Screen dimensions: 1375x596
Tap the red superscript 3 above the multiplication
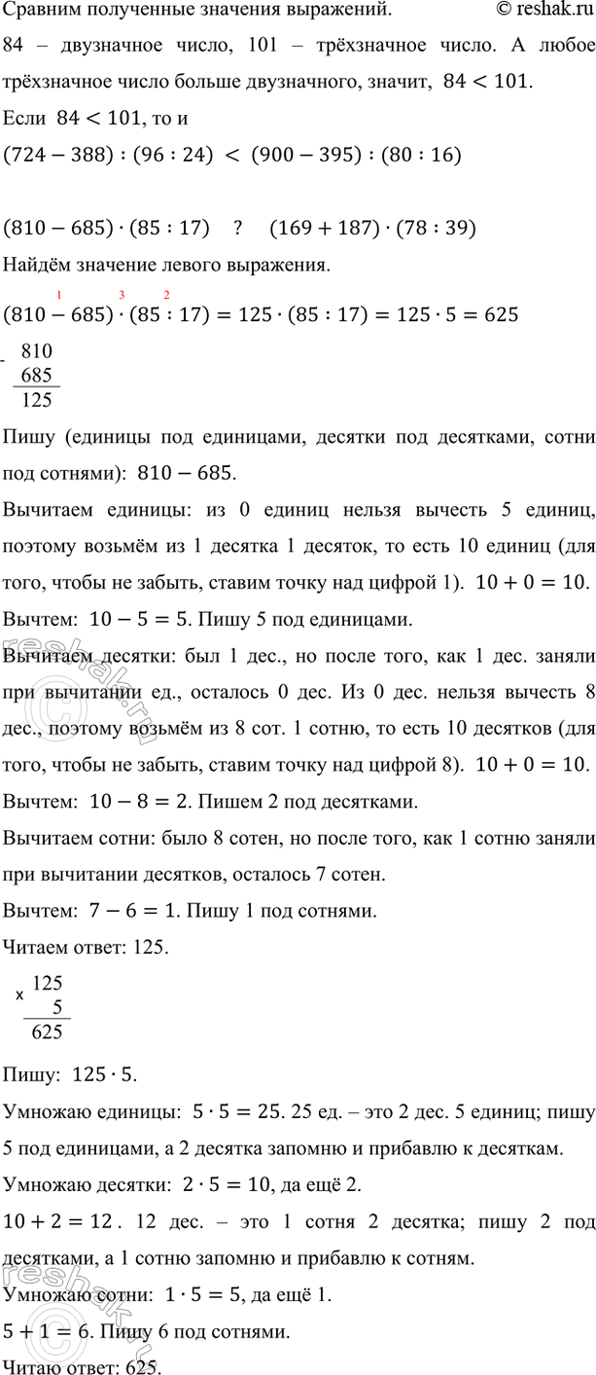(x=123, y=294)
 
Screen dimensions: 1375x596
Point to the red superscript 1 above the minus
(x=60, y=294)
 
